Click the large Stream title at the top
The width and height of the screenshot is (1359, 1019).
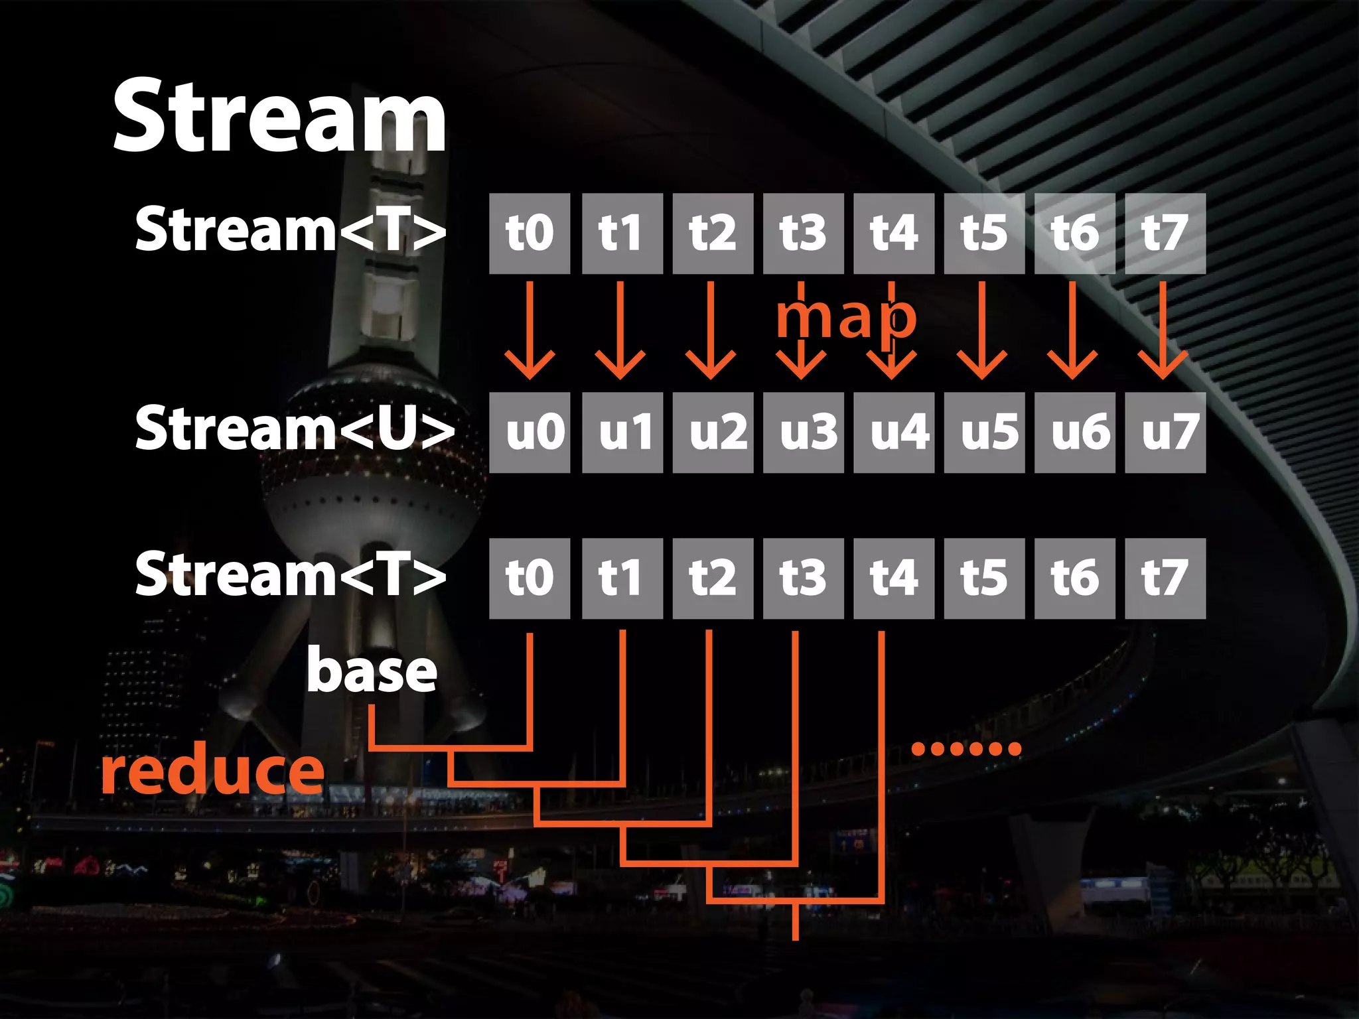tap(279, 116)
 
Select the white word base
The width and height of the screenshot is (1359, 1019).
tap(372, 671)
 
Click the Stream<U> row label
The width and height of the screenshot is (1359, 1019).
tap(294, 429)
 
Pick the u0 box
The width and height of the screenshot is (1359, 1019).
tap(530, 433)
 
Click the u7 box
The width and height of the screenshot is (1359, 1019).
tap(1165, 433)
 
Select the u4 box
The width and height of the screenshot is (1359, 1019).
tap(894, 433)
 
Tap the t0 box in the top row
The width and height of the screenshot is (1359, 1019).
tap(530, 234)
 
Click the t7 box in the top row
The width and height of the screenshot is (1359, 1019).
tap(1165, 234)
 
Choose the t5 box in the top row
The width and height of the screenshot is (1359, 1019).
tap(984, 234)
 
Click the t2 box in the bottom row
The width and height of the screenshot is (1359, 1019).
tap(713, 578)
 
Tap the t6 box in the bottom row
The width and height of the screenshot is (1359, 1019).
tap(1074, 578)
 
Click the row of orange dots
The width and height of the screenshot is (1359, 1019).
tap(966, 749)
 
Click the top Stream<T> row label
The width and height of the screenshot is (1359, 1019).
tap(290, 230)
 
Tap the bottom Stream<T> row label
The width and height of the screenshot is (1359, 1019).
tap(290, 575)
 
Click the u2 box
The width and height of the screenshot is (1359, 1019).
tap(713, 433)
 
